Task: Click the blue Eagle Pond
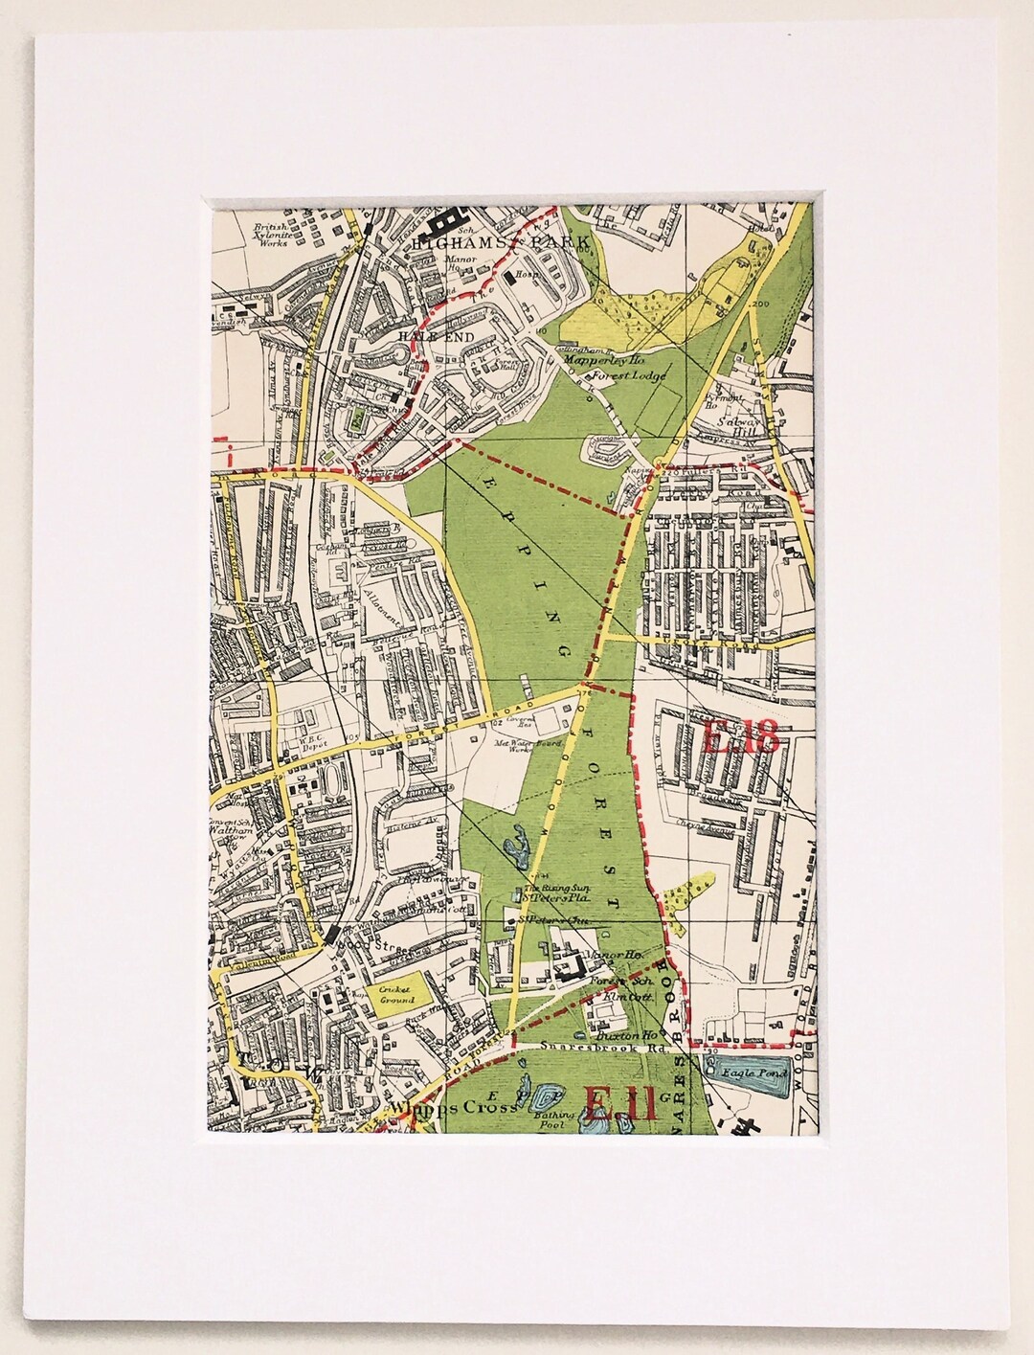(x=746, y=1075)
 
